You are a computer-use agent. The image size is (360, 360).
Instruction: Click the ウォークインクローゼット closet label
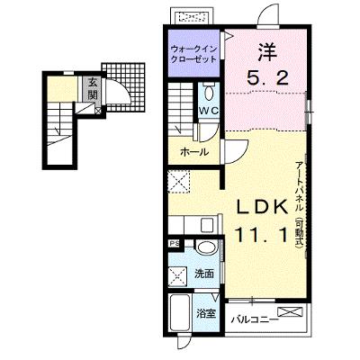193,54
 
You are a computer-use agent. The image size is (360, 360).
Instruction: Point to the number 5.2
267,79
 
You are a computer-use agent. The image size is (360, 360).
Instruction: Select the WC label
209,111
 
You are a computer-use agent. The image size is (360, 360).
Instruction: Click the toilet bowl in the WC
209,93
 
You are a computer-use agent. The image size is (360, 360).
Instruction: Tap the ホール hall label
194,152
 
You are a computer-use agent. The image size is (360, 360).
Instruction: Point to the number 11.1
262,235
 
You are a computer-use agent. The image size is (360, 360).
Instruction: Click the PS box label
174,243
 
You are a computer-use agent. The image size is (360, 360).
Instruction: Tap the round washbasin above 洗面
206,248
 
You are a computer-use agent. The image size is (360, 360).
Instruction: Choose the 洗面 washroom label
204,274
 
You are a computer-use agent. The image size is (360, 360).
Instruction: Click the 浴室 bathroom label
205,314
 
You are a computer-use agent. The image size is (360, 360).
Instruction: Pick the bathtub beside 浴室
179,313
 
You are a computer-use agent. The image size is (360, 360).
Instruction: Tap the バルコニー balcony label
253,319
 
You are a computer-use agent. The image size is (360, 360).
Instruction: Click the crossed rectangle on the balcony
290,311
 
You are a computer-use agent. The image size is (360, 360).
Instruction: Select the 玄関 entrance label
93,89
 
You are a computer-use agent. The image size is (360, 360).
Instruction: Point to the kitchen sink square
207,225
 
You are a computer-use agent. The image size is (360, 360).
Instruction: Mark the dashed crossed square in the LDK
179,181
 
